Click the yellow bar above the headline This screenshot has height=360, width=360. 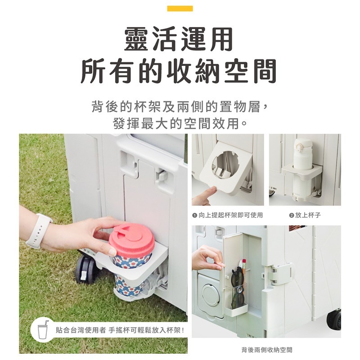pos(180,9)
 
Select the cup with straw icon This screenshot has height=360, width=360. pos(43,330)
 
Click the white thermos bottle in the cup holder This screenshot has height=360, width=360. pos(303,167)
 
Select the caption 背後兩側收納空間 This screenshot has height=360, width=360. pos(267,350)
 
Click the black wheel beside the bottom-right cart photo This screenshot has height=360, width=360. pos(334,319)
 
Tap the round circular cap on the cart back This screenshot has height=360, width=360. pos(210,295)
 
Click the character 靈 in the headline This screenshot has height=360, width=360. pos(136,39)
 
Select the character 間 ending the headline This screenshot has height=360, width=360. pos(265,71)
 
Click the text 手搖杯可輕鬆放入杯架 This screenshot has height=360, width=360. pos(144,330)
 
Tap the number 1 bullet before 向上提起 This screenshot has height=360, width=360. pos(194,216)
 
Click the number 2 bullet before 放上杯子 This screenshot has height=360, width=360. pos(291,216)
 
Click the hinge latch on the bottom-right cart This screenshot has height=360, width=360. pos(280,274)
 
